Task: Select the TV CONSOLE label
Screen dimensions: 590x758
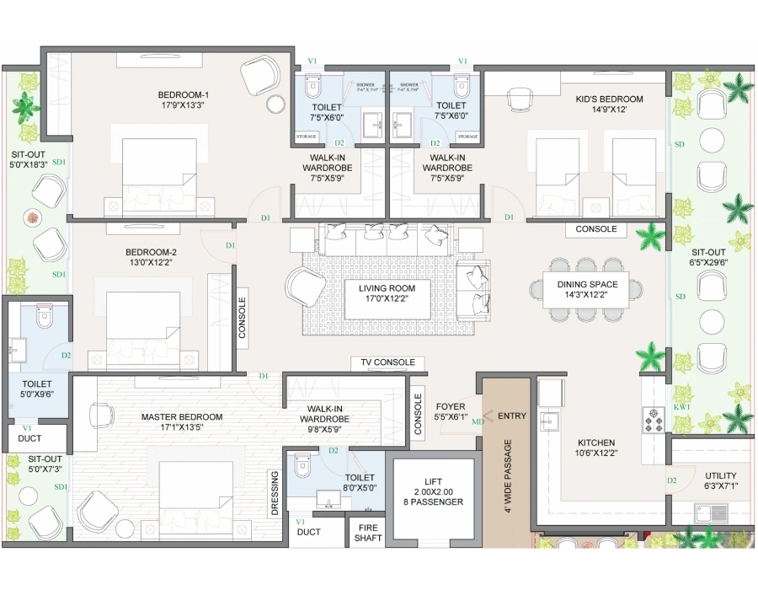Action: click(387, 362)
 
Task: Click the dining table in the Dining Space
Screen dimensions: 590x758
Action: click(586, 290)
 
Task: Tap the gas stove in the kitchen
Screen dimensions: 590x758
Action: click(653, 416)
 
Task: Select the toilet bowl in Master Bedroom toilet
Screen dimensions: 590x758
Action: click(302, 467)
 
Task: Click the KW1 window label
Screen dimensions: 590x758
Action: click(681, 407)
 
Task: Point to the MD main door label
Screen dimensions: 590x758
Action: click(478, 421)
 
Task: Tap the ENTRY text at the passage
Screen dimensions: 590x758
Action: click(511, 416)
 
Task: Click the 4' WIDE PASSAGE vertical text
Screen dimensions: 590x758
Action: click(506, 480)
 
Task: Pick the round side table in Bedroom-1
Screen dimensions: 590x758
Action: click(276, 104)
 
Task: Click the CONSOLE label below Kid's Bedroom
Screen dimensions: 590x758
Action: click(595, 229)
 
